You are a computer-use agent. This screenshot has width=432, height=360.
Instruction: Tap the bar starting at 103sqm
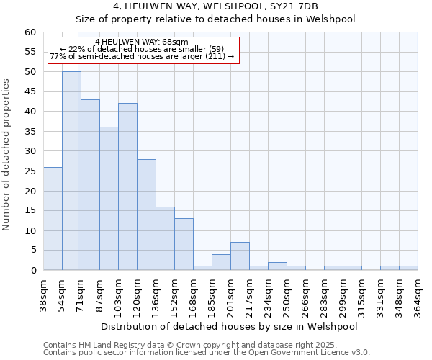pos(127,187)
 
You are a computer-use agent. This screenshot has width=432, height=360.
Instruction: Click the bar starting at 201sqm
pos(240,256)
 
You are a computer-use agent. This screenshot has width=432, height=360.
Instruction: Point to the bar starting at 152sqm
pos(184,245)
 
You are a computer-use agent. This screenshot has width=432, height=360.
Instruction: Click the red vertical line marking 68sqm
pos(78,180)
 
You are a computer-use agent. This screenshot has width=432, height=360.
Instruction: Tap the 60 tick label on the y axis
pos(30,32)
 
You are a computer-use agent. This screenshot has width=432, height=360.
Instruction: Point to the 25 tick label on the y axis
pos(30,171)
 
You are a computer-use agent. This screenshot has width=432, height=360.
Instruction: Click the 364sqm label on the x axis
pos(418,295)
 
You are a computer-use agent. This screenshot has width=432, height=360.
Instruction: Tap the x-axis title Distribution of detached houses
pos(229,326)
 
